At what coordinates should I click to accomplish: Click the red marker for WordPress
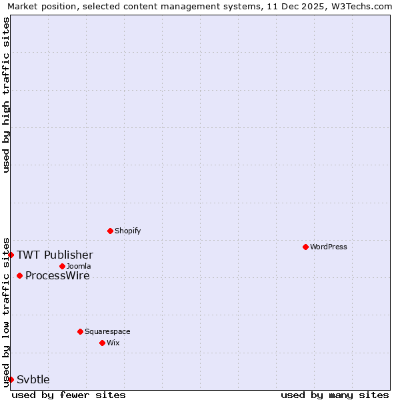(305, 247)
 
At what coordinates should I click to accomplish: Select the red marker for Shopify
(110, 231)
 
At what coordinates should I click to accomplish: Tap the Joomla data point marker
(62, 266)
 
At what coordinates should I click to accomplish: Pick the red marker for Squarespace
(80, 331)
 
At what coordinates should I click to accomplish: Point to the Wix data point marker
(102, 343)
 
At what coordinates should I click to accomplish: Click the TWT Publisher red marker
(11, 255)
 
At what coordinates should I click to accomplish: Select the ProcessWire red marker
(19, 275)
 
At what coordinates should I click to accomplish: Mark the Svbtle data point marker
(11, 379)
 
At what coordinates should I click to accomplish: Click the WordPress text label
(328, 247)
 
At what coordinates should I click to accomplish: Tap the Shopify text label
(127, 231)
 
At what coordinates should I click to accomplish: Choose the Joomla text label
(79, 266)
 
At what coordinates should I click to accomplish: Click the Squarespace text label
(107, 331)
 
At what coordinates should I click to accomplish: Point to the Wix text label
(113, 343)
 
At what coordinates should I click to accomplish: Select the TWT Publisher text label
(55, 255)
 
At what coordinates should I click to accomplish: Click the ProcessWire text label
(57, 275)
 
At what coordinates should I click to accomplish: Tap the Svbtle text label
(33, 379)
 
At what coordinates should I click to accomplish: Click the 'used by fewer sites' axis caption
(69, 395)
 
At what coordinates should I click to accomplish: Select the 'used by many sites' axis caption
(335, 395)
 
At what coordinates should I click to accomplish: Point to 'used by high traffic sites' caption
(7, 95)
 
